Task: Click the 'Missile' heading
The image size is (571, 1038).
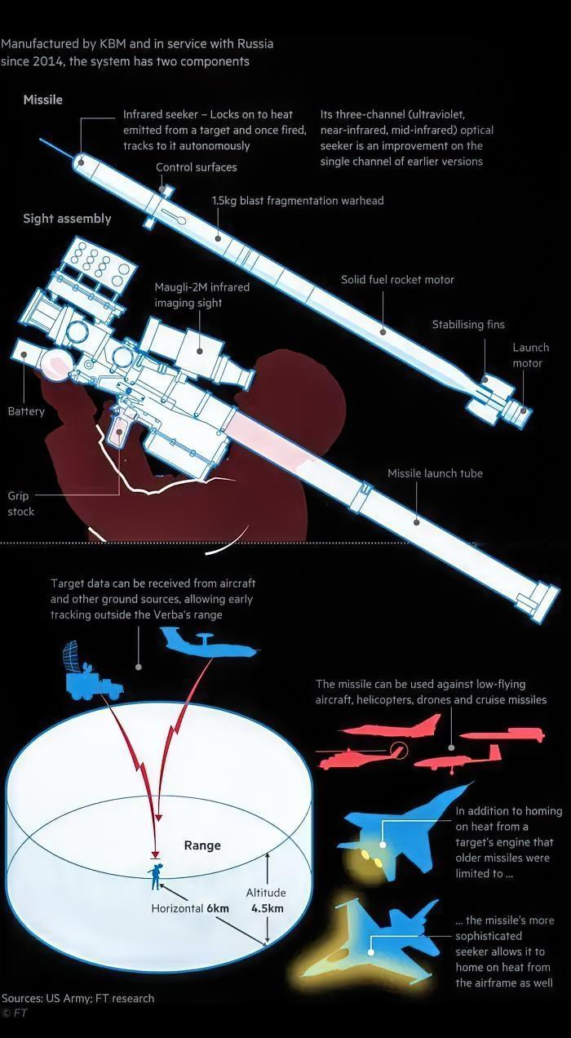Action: click(42, 100)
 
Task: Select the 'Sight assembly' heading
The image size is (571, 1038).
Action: click(67, 219)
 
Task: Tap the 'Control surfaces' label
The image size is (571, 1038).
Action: click(197, 167)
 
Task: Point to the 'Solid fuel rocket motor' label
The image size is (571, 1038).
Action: click(397, 280)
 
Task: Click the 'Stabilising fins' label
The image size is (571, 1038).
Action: click(468, 325)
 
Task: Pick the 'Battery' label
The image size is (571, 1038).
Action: click(26, 411)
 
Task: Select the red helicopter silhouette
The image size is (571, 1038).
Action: click(359, 756)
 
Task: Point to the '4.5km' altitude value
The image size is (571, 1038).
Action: click(268, 908)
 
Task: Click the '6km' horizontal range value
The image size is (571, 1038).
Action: click(218, 908)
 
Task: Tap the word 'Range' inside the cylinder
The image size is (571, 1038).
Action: click(202, 845)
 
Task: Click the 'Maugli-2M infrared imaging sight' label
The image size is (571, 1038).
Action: click(202, 295)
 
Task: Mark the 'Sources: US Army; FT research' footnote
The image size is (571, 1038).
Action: click(77, 998)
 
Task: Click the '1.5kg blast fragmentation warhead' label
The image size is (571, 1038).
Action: click(298, 200)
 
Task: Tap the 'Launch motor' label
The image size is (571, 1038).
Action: click(530, 355)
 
